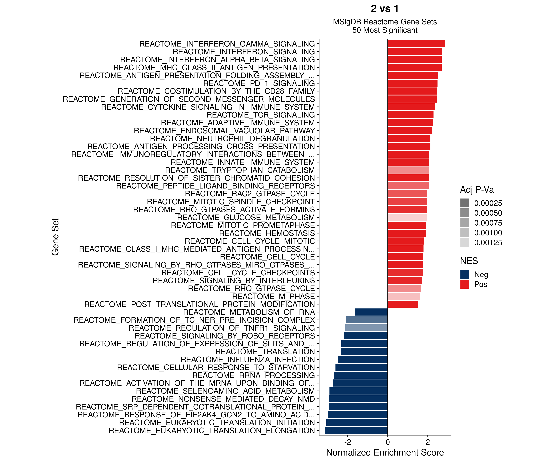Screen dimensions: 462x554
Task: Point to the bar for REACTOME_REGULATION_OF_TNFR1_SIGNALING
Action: click(x=366, y=328)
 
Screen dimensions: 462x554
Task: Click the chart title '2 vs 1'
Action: click(x=385, y=9)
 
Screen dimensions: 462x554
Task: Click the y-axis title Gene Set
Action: click(x=55, y=237)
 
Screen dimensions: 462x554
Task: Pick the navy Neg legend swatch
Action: click(x=465, y=274)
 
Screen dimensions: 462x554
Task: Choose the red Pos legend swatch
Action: click(x=465, y=284)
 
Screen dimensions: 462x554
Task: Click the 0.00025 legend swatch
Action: click(x=465, y=203)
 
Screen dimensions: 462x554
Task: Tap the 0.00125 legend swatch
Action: click(x=465, y=242)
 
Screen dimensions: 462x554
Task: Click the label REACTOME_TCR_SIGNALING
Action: click(x=261, y=115)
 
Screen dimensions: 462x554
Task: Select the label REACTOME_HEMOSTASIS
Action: click(x=267, y=233)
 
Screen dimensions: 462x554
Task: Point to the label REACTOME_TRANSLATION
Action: click(x=265, y=352)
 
